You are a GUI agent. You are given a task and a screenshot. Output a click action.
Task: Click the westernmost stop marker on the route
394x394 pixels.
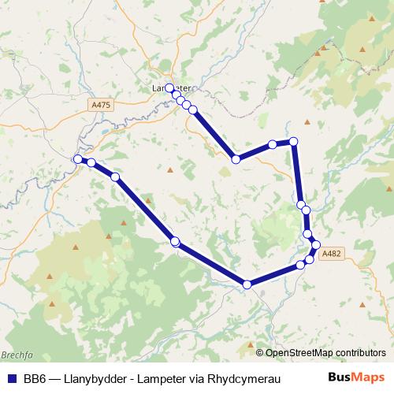[x=78, y=159]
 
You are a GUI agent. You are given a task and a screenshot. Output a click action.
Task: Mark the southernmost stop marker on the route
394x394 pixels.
[x=247, y=284]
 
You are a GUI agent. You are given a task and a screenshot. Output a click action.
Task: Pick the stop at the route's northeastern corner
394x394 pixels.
[x=294, y=141]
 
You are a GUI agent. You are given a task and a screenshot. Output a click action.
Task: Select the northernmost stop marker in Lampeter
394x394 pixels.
[x=169, y=88]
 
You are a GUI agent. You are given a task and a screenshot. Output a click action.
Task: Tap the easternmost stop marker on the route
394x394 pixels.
[x=316, y=245]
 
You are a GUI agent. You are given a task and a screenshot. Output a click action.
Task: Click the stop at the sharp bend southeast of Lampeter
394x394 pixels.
[x=236, y=159]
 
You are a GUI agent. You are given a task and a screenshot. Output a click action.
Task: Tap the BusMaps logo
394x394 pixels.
[x=356, y=377]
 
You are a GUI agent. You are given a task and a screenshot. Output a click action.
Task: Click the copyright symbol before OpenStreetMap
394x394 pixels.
[x=260, y=352]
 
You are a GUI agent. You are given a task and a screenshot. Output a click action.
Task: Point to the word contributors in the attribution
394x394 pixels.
[x=359, y=352]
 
